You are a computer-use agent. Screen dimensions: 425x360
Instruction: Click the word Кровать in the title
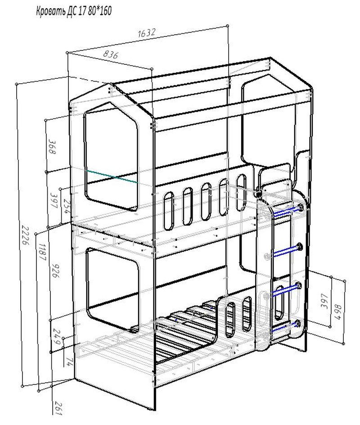(51, 12)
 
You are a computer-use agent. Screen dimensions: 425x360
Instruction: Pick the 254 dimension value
(67, 206)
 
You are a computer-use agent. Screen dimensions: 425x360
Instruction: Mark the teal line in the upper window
(112, 176)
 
